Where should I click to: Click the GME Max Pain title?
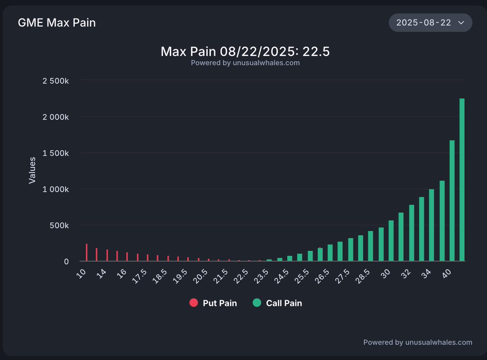point(57,23)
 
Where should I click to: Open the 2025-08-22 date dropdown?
point(430,23)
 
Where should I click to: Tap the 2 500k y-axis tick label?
point(56,81)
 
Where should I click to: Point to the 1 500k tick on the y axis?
point(56,153)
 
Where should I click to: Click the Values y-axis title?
point(32,170)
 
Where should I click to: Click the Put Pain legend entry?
point(213,303)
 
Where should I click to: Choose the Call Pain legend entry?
point(278,303)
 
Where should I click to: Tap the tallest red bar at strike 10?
point(86,252)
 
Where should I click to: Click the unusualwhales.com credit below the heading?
point(245,63)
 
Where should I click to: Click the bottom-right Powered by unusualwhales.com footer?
point(418,343)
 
